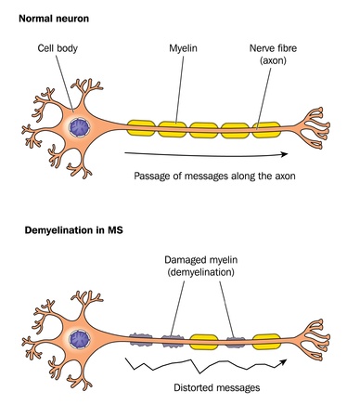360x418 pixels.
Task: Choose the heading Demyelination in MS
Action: (x=68, y=229)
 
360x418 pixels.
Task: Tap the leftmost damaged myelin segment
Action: (x=139, y=333)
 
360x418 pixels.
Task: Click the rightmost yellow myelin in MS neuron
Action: (x=265, y=333)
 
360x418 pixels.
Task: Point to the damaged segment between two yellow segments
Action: (x=234, y=333)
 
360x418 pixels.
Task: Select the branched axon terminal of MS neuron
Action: (x=320, y=334)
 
